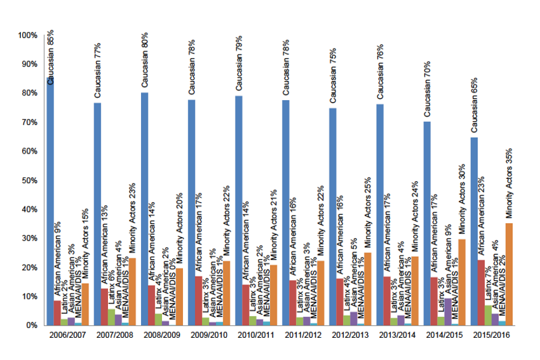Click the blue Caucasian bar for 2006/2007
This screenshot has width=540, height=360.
[x=50, y=204]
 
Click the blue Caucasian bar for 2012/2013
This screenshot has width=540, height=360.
[x=332, y=217]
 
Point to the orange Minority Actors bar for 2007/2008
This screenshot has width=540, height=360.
[x=132, y=292]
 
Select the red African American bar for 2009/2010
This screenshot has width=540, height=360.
[x=199, y=301]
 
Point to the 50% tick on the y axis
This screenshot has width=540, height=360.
[x=29, y=181]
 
